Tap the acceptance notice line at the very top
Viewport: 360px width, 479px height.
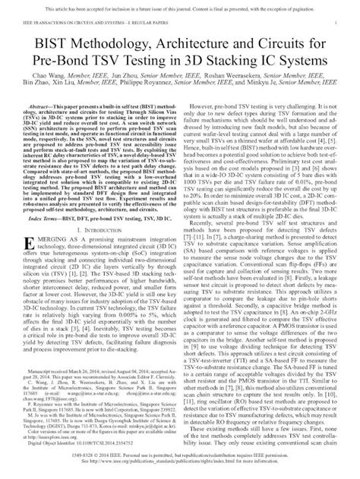[180, 7]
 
